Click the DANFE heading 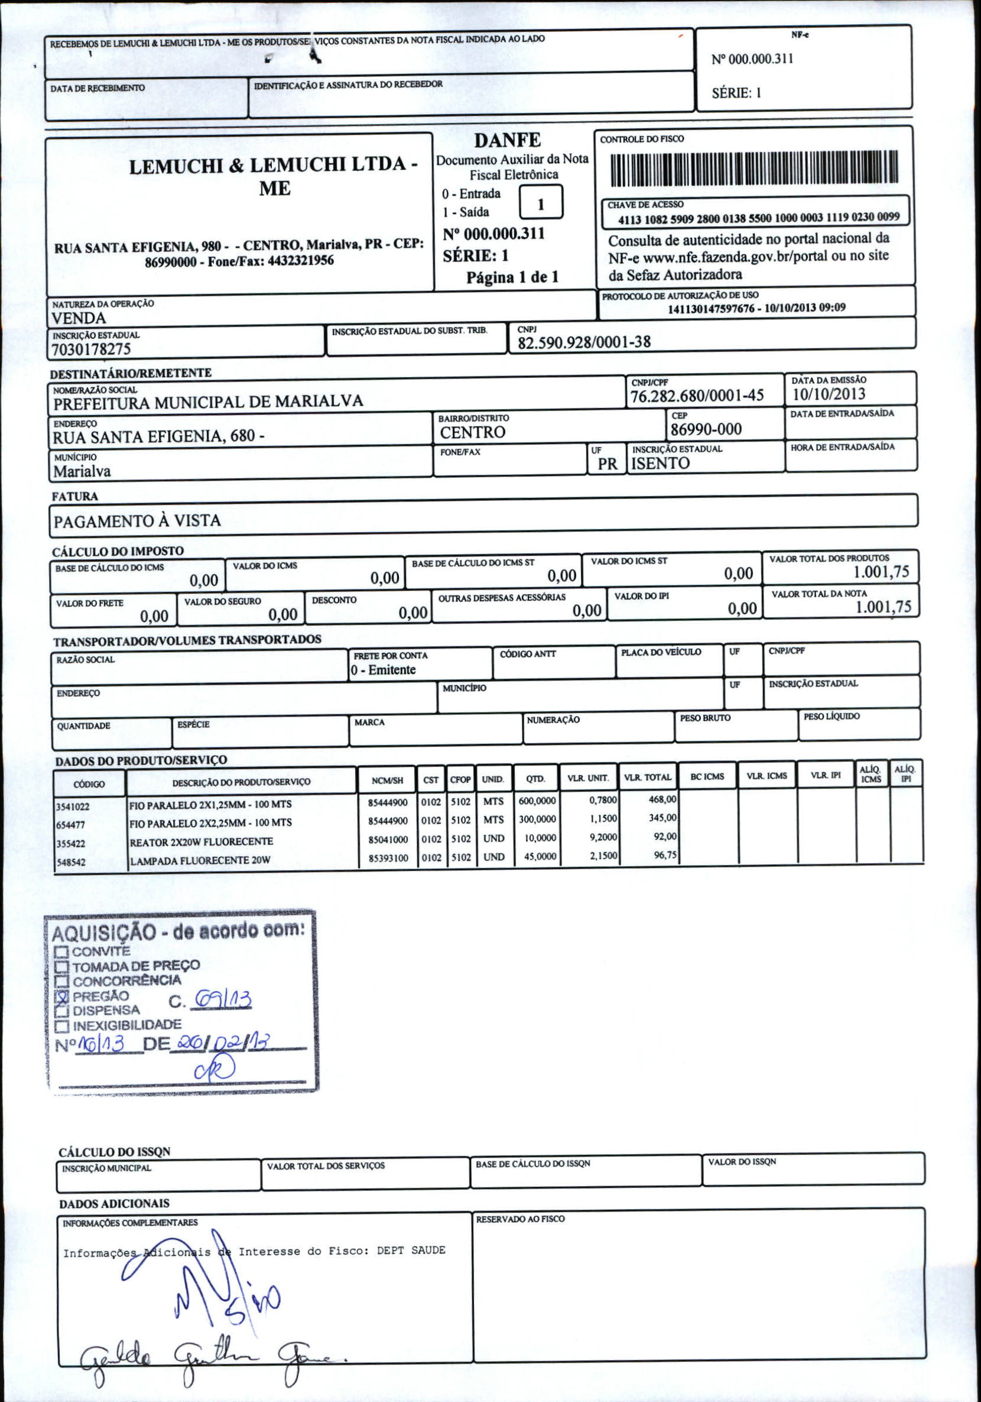tap(507, 141)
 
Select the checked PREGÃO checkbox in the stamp tap(61, 996)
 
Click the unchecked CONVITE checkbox tap(61, 951)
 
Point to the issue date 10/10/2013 tap(828, 394)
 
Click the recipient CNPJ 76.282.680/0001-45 tap(697, 396)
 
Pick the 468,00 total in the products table tap(662, 799)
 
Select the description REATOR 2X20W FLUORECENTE tap(201, 842)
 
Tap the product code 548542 tap(71, 863)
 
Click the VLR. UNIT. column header tap(587, 778)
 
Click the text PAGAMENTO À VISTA tap(137, 521)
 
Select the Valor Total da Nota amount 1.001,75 tap(883, 607)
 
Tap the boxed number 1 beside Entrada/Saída tap(540, 204)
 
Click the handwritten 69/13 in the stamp tap(222, 999)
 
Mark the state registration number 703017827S tap(91, 349)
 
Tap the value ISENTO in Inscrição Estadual tap(660, 464)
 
